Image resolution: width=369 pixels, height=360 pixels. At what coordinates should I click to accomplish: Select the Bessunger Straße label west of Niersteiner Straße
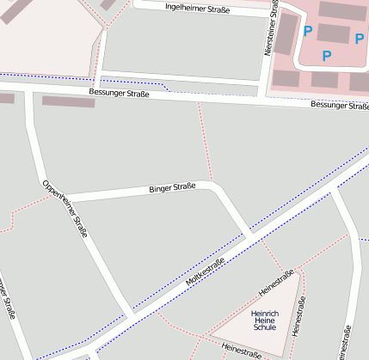[x=119, y=93]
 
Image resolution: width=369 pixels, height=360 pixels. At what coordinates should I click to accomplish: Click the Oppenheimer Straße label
[x=65, y=208]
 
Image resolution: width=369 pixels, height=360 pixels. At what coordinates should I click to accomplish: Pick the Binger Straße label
[x=172, y=186]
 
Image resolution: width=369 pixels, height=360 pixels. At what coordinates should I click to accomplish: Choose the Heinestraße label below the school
[x=241, y=349]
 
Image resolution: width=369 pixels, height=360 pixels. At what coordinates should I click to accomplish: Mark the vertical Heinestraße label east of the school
[x=298, y=316]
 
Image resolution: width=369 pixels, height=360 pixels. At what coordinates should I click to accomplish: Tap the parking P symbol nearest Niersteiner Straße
[x=307, y=31]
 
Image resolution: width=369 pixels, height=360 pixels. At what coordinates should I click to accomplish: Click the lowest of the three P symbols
[x=326, y=56]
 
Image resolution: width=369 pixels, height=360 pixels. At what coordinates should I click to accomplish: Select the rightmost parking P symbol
[x=360, y=38]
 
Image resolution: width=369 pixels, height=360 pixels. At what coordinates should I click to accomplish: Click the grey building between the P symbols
[x=333, y=34]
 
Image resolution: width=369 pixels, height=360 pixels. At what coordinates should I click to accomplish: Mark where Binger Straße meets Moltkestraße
[x=250, y=236]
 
